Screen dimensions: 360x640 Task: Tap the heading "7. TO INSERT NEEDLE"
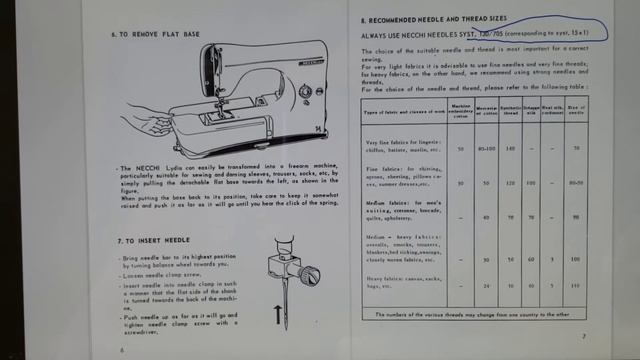click(155, 241)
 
